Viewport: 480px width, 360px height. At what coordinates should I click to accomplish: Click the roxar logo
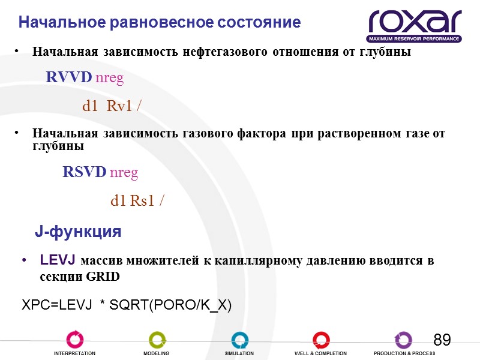click(415, 25)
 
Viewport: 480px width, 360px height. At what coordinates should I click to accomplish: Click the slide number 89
click(442, 340)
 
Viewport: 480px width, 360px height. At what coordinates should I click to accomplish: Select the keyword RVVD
click(69, 77)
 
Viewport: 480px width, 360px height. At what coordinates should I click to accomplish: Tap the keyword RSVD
click(85, 173)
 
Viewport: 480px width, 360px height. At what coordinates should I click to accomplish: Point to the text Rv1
click(121, 106)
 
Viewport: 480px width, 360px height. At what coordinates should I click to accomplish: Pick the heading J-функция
click(78, 232)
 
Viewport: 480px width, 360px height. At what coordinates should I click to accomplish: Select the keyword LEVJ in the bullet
click(58, 260)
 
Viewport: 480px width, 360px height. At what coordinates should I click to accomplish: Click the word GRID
click(103, 277)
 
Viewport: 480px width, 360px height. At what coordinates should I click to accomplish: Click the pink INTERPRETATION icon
click(74, 340)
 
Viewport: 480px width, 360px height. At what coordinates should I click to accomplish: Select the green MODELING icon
click(157, 340)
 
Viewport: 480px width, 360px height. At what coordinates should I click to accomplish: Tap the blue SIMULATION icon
click(239, 340)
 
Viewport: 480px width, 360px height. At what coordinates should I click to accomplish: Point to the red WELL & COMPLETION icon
click(321, 340)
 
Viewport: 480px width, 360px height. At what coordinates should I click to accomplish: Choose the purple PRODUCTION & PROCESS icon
click(403, 340)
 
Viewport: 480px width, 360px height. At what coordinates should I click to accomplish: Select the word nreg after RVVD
click(110, 77)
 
